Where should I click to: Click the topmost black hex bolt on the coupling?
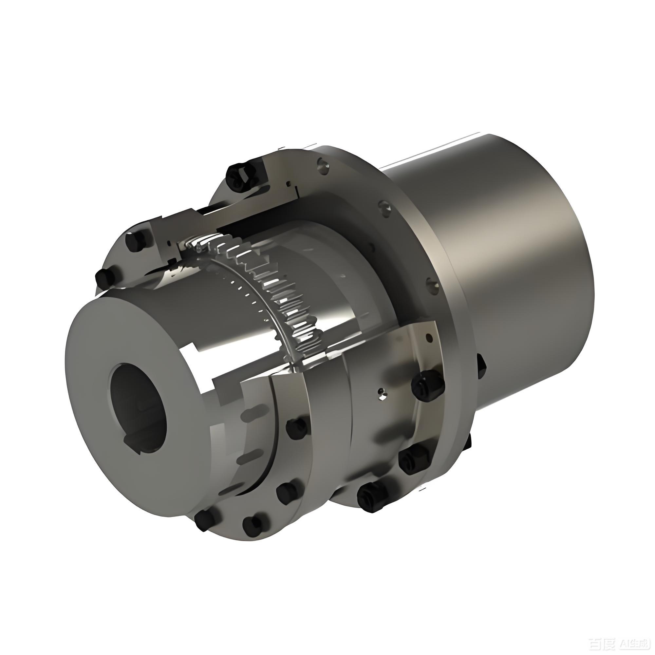click(x=240, y=176)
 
